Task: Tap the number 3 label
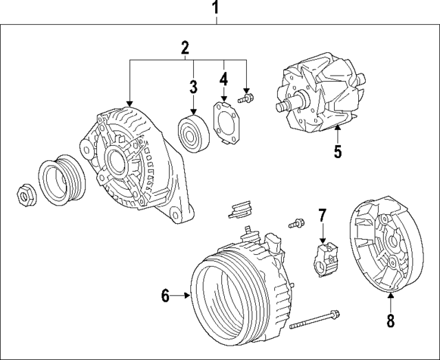click(x=194, y=87)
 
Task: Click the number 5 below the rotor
click(x=338, y=151)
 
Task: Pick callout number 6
click(x=165, y=296)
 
